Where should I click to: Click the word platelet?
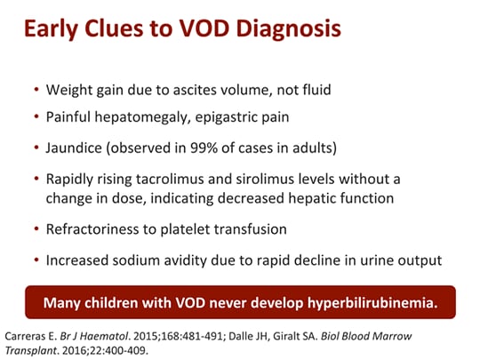point(178,229)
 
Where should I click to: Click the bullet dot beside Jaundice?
point(35,145)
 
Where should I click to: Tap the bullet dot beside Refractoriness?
point(35,230)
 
